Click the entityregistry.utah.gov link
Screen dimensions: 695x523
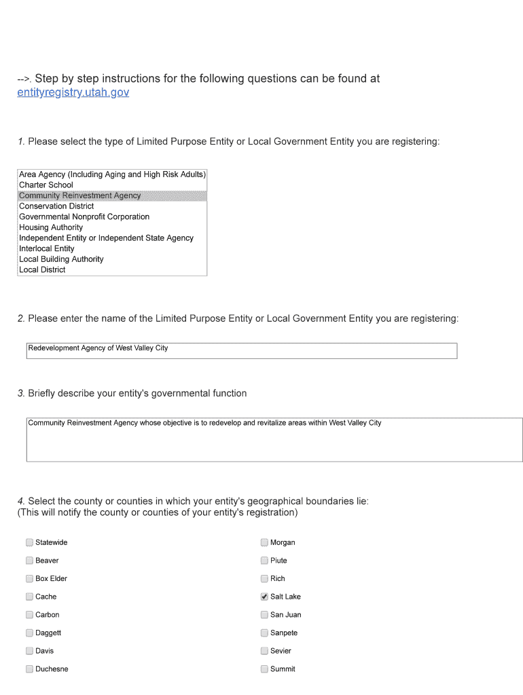point(73,92)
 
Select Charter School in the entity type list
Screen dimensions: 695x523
point(46,185)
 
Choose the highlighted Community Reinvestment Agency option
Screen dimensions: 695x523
point(80,195)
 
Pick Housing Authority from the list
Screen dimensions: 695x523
point(51,227)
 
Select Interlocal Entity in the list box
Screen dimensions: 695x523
point(47,248)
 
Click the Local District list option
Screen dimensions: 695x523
point(42,269)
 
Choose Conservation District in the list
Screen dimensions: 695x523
point(56,206)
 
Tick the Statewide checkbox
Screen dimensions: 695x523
point(29,542)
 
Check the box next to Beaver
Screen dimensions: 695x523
point(29,561)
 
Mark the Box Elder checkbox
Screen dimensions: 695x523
point(29,578)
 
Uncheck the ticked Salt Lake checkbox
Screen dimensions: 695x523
point(264,597)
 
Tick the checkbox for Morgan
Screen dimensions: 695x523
point(264,542)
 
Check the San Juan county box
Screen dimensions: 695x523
point(264,615)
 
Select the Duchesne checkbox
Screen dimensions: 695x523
point(29,669)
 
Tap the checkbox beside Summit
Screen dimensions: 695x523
point(264,669)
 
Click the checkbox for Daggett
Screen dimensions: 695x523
point(29,633)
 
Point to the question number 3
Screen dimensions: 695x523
point(21,394)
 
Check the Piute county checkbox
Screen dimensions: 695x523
point(264,561)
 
